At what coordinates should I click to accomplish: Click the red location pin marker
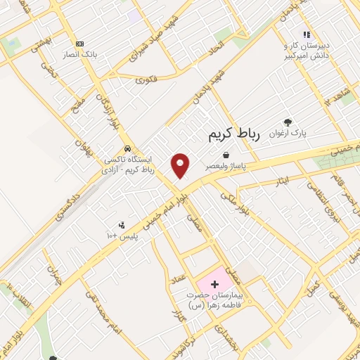click(x=181, y=165)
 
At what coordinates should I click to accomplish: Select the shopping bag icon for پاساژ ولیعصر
click(x=226, y=154)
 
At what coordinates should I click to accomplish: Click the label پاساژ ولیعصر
click(x=226, y=166)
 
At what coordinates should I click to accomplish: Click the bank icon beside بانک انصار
click(x=79, y=43)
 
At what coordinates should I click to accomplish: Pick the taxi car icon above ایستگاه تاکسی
click(x=127, y=148)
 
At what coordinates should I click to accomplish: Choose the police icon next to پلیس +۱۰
click(x=122, y=225)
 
